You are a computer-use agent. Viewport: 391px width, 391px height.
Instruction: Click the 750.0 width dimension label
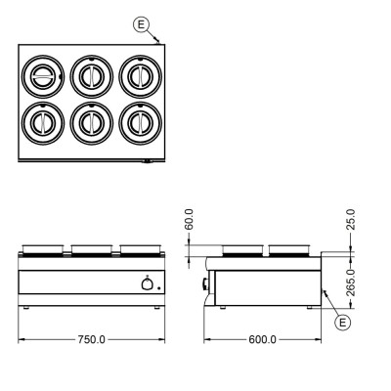coord(92,339)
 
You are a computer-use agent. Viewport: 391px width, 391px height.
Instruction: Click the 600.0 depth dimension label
coord(262,339)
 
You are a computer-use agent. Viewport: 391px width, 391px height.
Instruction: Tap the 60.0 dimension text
coord(189,219)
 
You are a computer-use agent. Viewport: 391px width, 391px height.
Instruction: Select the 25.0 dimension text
coord(351,219)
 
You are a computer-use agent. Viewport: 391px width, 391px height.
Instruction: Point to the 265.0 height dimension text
coord(351,282)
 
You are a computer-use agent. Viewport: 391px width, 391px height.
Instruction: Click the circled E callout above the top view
coord(141,24)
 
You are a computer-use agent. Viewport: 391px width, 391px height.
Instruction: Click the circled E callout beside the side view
coord(343,323)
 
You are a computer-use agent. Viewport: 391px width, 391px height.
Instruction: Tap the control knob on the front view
coord(147,284)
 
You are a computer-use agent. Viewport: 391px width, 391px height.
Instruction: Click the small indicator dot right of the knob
coord(158,288)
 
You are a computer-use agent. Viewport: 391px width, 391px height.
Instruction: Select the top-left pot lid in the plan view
coord(43,76)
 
